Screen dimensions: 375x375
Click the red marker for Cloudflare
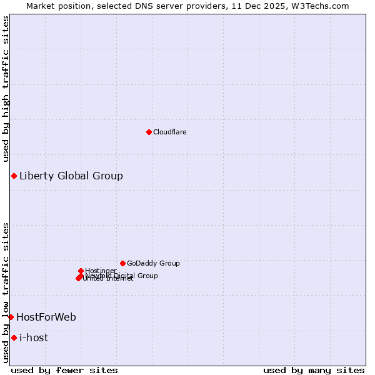click(149, 132)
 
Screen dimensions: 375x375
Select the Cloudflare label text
click(170, 132)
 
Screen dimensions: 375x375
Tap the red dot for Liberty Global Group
click(14, 176)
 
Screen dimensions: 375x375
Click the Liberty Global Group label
click(71, 176)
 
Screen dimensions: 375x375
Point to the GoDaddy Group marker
click(122, 263)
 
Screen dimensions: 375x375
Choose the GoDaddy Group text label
click(153, 263)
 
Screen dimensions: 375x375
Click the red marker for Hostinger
click(81, 271)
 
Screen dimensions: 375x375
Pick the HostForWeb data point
click(11, 317)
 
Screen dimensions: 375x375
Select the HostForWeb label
click(46, 317)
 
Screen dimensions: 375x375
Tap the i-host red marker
click(14, 337)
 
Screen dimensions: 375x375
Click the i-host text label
click(34, 337)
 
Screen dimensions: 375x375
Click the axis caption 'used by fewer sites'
click(64, 370)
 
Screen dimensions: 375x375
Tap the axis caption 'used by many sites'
click(314, 370)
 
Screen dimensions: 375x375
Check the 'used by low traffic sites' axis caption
click(6, 292)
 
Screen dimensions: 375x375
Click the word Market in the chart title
click(41, 6)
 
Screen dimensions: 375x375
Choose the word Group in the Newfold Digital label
click(147, 276)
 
